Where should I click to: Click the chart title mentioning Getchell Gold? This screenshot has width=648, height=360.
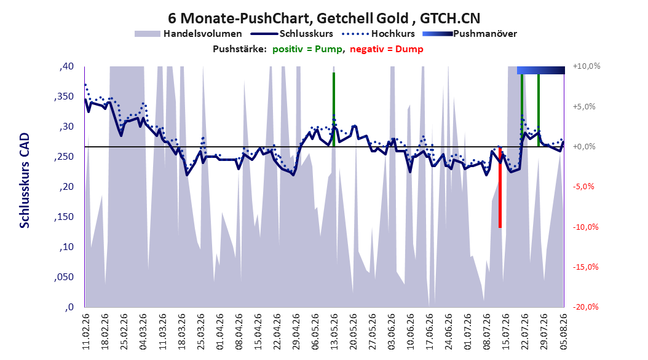pyautogui.click(x=324, y=18)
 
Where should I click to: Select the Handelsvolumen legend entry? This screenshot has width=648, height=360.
pyautogui.click(x=189, y=34)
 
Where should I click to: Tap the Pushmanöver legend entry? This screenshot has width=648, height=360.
pyautogui.click(x=470, y=34)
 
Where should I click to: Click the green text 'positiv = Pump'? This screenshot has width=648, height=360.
pyautogui.click(x=307, y=49)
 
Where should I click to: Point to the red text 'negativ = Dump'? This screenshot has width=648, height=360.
pyautogui.click(x=387, y=49)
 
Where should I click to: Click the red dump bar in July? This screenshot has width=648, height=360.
pyautogui.click(x=500, y=187)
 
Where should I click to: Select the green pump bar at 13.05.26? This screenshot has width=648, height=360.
pyautogui.click(x=333, y=109)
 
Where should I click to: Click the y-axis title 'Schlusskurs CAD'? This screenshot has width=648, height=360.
pyautogui.click(x=25, y=181)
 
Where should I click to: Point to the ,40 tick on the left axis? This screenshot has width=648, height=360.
pyautogui.click(x=66, y=66)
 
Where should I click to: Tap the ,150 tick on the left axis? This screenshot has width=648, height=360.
pyautogui.click(x=64, y=217)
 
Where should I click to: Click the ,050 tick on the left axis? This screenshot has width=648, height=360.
pyautogui.click(x=64, y=277)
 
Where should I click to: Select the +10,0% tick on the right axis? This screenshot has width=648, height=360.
pyautogui.click(x=587, y=66)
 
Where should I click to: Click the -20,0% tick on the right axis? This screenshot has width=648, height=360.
pyautogui.click(x=585, y=307)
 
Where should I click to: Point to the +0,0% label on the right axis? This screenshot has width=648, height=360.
pyautogui.click(x=584, y=147)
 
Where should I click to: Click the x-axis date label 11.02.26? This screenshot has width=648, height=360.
pyautogui.click(x=86, y=332)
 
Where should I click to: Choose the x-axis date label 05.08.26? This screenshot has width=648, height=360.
pyautogui.click(x=563, y=332)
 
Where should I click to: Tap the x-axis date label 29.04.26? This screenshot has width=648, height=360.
pyautogui.click(x=296, y=332)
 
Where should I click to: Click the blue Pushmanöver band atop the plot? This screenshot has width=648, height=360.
pyautogui.click(x=541, y=70)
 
